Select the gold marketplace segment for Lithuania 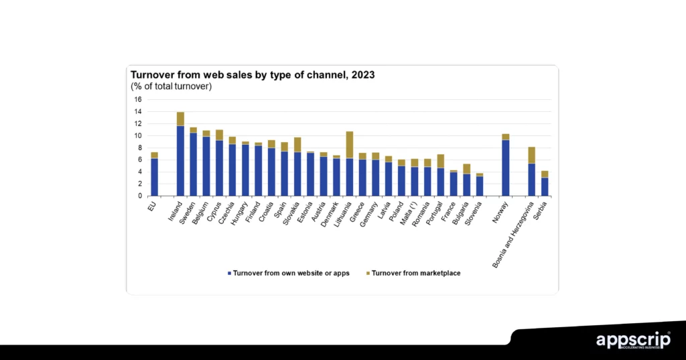[x=350, y=144]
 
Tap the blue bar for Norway [x=506, y=168]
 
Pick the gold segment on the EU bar [x=154, y=155]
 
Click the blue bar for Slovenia [x=480, y=186]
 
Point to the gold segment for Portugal [x=441, y=161]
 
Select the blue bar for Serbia [x=545, y=186]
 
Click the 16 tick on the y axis [x=137, y=99]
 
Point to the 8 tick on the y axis [x=139, y=147]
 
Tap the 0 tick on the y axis [x=139, y=196]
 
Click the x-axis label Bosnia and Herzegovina [x=518, y=234]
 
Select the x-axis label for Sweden [x=187, y=213]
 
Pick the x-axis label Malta [x=408, y=214]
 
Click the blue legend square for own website [x=230, y=274]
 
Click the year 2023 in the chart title [x=361, y=75]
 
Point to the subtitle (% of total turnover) [x=171, y=86]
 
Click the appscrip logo [x=633, y=340]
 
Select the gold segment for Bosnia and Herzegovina [x=532, y=155]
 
